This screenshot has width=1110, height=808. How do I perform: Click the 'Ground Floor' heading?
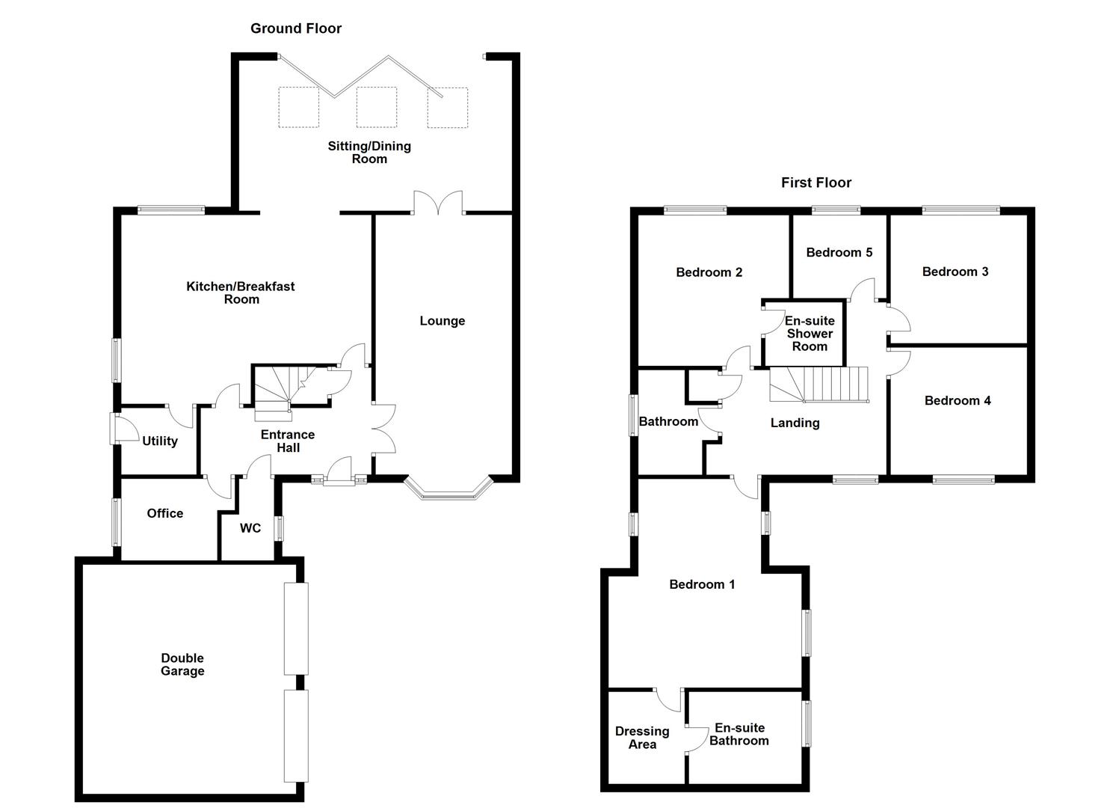click(x=296, y=28)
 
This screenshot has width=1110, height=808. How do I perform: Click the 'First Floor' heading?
click(x=816, y=183)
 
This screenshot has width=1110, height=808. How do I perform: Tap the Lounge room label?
click(x=442, y=321)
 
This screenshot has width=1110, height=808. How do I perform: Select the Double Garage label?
click(x=182, y=664)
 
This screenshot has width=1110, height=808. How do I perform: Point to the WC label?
click(x=250, y=528)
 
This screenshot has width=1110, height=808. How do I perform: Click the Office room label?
click(x=164, y=513)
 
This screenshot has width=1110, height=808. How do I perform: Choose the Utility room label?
click(x=160, y=441)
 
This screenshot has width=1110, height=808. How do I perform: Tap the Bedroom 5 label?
click(x=839, y=252)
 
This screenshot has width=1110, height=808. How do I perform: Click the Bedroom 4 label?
click(x=958, y=400)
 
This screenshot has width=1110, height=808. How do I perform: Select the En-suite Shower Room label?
click(x=810, y=334)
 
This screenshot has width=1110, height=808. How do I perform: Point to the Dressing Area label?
click(x=642, y=738)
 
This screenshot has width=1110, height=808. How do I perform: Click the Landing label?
click(x=795, y=423)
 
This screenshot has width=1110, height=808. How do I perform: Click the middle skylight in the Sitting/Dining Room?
click(x=376, y=107)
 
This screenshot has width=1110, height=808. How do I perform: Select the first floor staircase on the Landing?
click(x=819, y=385)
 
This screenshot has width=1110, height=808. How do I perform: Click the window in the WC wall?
click(x=279, y=528)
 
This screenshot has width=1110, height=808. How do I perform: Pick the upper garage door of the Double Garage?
click(x=296, y=628)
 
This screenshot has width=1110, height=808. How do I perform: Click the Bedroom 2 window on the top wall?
click(x=694, y=210)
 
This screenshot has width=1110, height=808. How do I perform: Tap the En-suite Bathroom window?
click(x=806, y=723)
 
